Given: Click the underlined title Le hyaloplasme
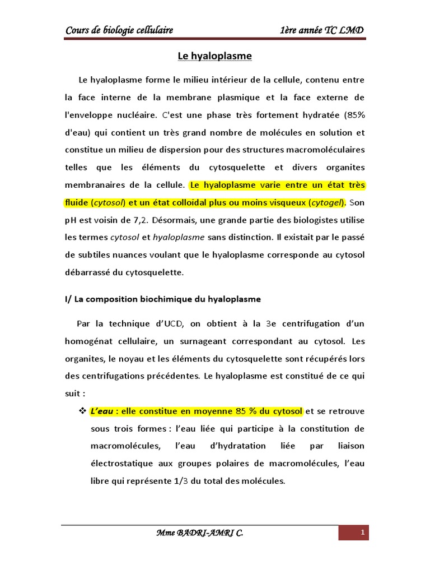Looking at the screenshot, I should click(x=214, y=56).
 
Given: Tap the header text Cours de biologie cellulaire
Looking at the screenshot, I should click(x=119, y=30).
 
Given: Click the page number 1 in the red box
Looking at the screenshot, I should click(x=363, y=532).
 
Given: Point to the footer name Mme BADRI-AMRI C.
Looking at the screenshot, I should click(x=200, y=533).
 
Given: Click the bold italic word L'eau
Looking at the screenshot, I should click(x=101, y=411).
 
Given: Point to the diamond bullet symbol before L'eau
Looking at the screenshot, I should click(x=80, y=411).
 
